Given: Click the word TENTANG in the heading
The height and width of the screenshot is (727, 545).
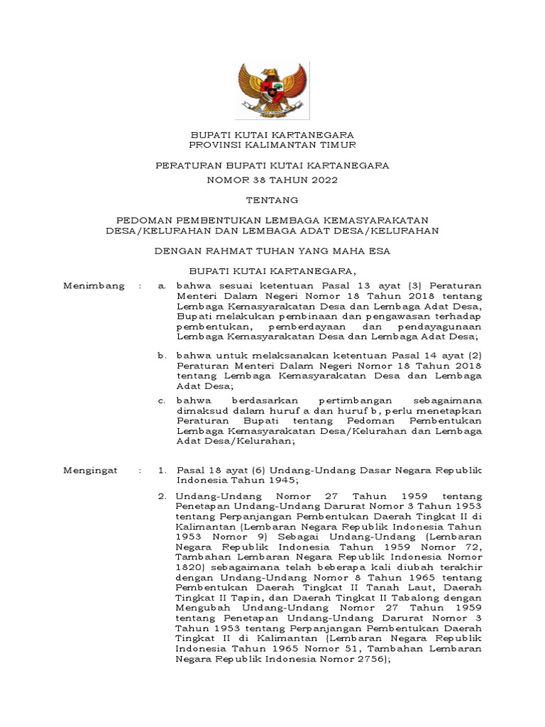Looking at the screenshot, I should [272, 200].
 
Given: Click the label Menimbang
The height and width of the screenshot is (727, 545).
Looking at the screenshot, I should [94, 285].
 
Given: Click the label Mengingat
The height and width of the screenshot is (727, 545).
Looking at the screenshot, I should [92, 471].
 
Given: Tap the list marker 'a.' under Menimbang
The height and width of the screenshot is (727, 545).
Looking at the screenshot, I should [162, 285].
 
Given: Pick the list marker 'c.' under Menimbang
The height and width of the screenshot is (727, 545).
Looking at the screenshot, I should [162, 401].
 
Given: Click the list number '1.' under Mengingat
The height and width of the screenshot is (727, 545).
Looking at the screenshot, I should [162, 471].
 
